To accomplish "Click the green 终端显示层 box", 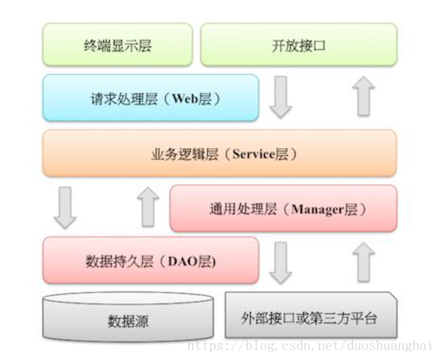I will point(117,45).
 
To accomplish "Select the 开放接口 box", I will point(298,45).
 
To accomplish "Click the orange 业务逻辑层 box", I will point(219,153).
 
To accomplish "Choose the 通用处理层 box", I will point(283,208).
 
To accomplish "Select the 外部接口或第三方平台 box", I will point(311,316).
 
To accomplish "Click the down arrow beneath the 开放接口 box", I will point(280,99).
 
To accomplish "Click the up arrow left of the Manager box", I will point(148,206).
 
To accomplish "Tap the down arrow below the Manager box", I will point(280,263).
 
